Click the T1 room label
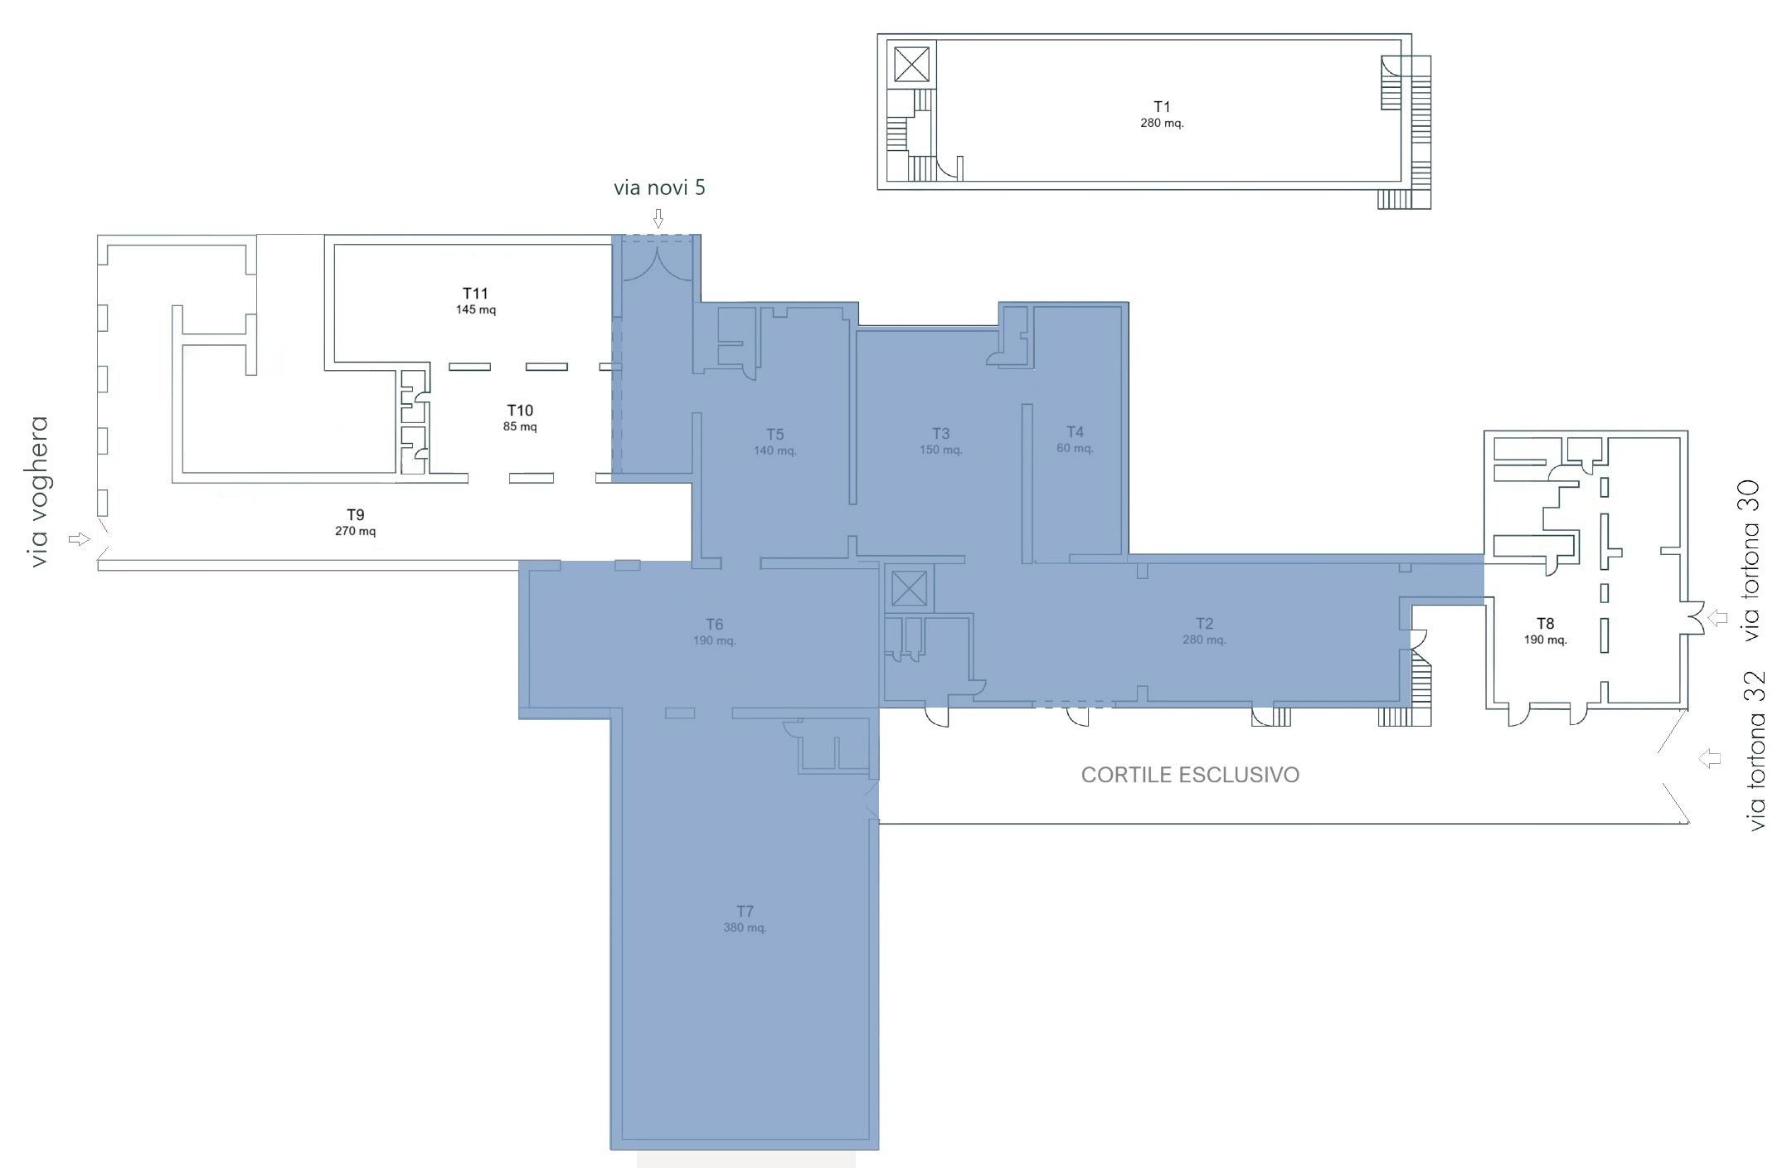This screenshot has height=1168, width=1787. (1162, 106)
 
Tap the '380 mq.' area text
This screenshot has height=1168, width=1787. (745, 927)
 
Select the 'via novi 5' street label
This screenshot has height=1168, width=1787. (659, 187)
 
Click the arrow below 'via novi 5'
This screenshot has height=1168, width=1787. (658, 218)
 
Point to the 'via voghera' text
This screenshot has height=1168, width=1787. (38, 492)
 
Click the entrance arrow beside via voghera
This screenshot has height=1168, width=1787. (79, 539)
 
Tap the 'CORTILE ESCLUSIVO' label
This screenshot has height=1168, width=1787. (1190, 775)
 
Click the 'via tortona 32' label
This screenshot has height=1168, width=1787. (1756, 752)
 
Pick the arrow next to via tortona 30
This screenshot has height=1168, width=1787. (1717, 617)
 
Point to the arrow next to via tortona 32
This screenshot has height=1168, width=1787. (1708, 758)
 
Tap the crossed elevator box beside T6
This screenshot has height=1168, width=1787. (908, 589)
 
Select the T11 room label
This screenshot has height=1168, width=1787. (475, 293)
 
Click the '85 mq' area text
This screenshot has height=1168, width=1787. (520, 427)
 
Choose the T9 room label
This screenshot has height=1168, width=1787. (355, 515)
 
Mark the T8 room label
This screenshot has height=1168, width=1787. (1545, 624)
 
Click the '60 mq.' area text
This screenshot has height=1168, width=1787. (1075, 449)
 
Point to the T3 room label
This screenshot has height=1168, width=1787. (940, 434)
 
